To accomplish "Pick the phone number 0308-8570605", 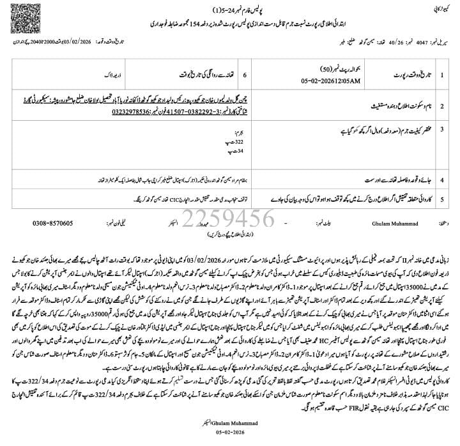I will coord(52,223).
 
